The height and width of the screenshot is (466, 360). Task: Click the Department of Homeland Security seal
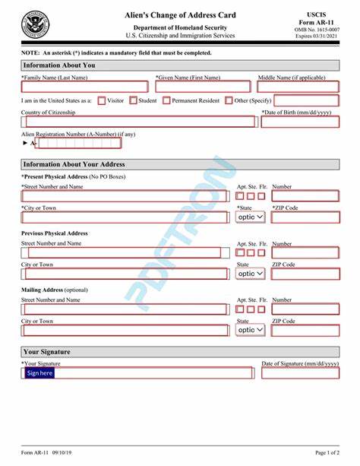coord(33,25)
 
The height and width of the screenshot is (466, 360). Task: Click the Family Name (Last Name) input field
coord(84,87)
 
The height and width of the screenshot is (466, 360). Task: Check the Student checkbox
coord(133,100)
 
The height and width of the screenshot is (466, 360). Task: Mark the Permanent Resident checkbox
coord(166,100)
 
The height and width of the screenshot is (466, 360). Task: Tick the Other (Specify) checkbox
coord(228,100)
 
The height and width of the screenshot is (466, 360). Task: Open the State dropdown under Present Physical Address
coord(251,217)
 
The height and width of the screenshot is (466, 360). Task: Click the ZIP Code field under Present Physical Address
coord(305,217)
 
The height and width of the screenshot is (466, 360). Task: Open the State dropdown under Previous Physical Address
coord(251,273)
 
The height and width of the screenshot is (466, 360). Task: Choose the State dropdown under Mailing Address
coord(251,329)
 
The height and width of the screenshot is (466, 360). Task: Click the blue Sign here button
coord(39,373)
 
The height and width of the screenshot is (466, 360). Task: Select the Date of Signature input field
coord(300,373)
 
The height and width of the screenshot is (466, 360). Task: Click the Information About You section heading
coord(70,65)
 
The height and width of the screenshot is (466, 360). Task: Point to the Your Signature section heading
coord(47,352)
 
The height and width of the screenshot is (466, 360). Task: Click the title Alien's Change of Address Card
coord(180,15)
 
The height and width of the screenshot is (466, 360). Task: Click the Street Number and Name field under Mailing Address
coord(124,309)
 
